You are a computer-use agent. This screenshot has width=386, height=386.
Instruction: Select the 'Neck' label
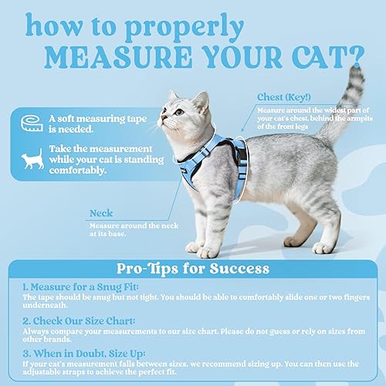101,213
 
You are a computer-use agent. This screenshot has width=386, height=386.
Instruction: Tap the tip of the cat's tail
356,71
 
